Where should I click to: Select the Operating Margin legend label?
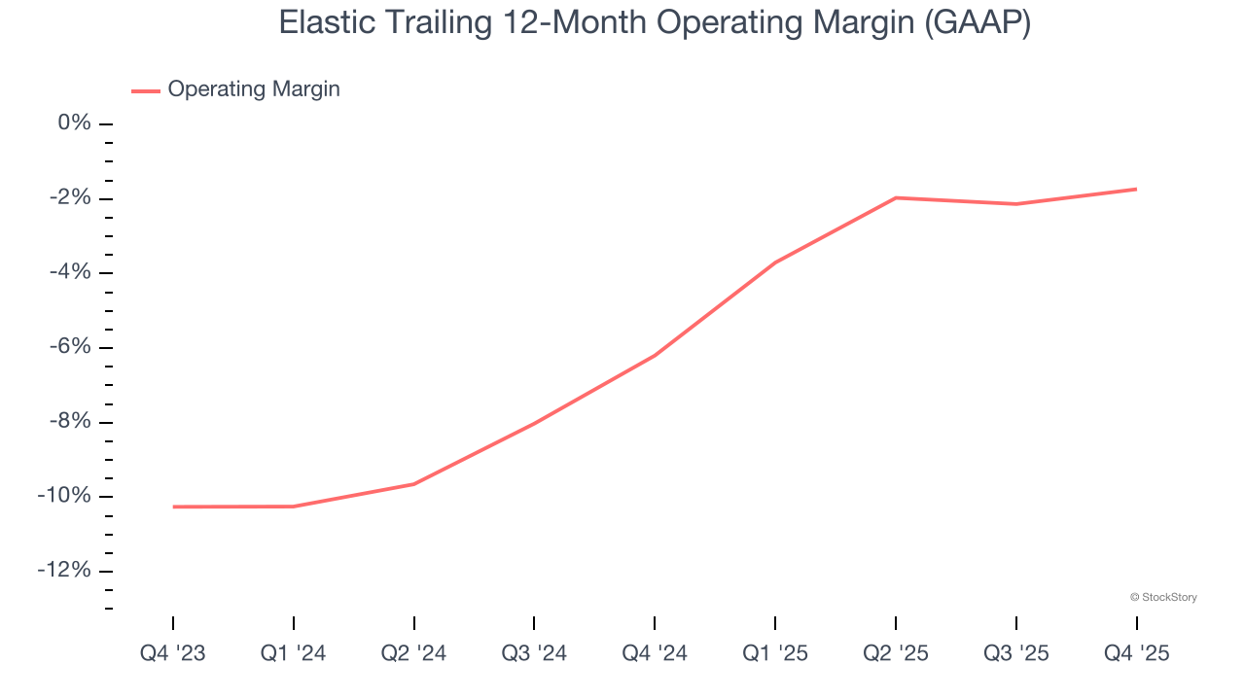(254, 89)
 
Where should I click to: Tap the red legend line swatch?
(146, 90)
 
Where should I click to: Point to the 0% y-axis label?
(75, 123)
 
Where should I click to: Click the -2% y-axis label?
(71, 198)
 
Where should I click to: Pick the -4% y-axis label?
(71, 272)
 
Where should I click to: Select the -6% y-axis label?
(71, 347)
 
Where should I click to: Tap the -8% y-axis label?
(71, 422)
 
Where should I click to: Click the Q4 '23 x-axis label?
(173, 653)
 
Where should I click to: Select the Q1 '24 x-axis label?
(294, 653)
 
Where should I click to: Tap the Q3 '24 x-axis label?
(534, 653)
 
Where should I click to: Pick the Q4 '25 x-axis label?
(1136, 653)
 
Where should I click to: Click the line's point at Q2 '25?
(896, 197)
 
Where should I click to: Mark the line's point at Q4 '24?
(655, 355)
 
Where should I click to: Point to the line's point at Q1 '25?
(775, 262)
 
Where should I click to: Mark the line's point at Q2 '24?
(414, 484)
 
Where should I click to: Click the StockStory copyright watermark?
(1163, 597)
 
